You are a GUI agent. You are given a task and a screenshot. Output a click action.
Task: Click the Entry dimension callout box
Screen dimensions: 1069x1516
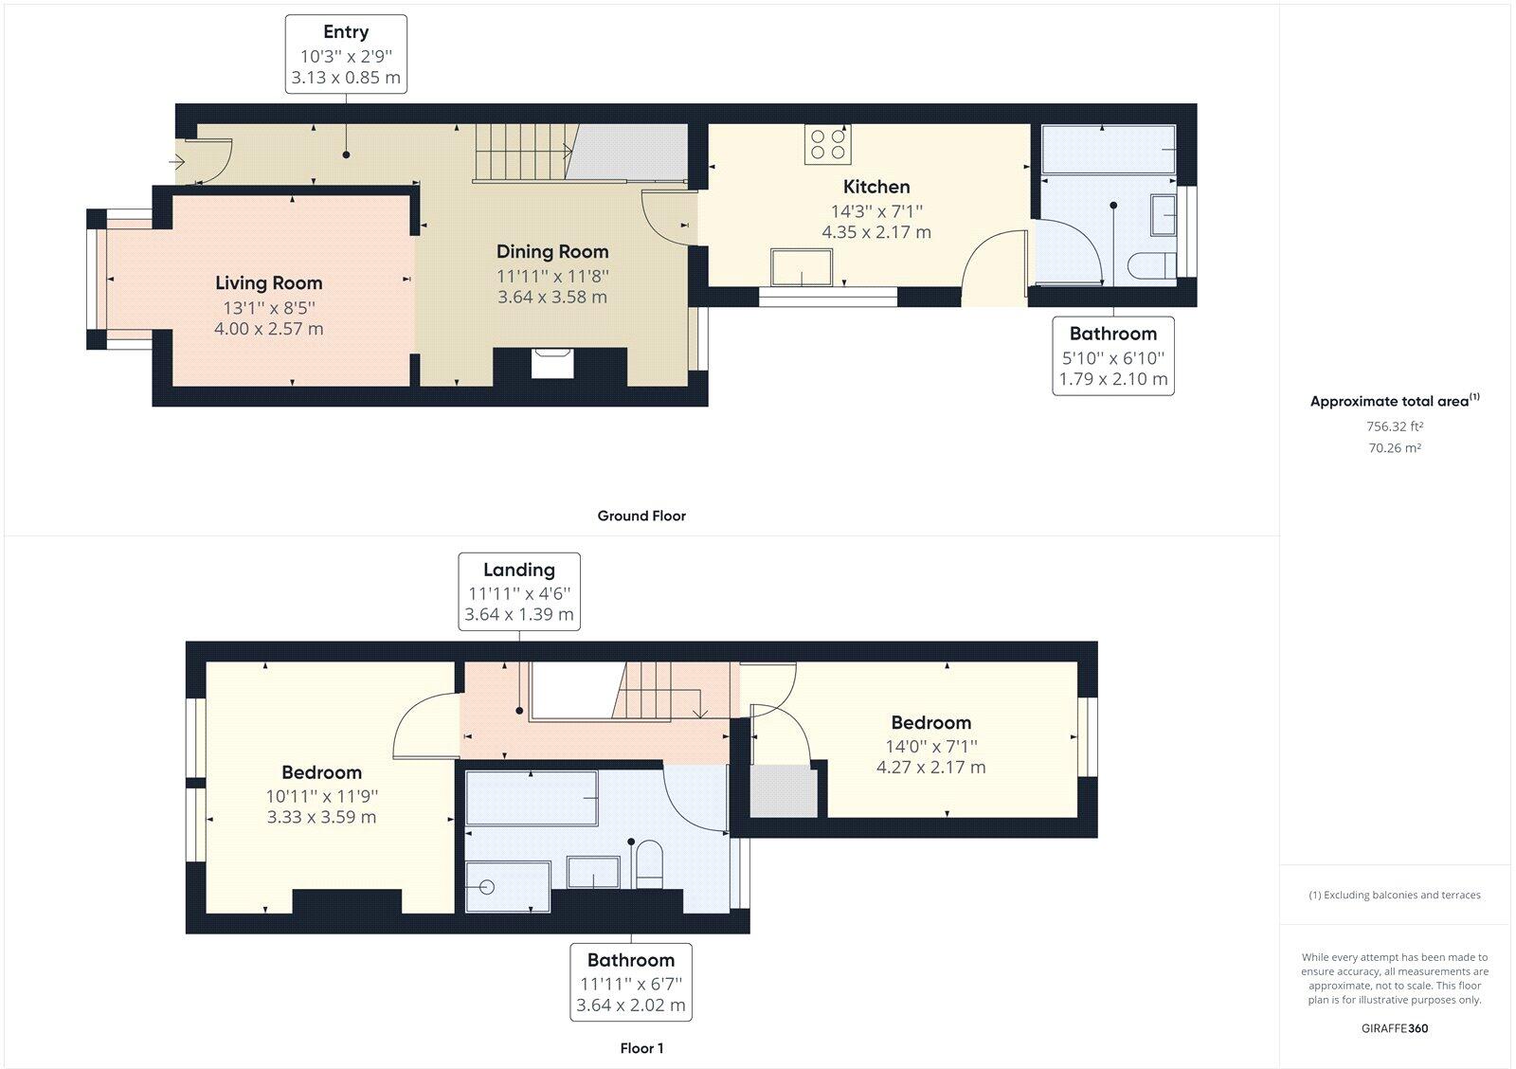(x=346, y=54)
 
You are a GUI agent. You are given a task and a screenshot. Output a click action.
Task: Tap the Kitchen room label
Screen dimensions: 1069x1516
(x=876, y=187)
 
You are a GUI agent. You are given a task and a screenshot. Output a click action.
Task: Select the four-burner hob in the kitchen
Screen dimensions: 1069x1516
(x=827, y=144)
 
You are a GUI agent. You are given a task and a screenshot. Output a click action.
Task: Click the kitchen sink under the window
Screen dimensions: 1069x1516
(x=802, y=266)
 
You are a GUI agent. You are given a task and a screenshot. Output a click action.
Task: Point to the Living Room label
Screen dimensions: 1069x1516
(x=268, y=282)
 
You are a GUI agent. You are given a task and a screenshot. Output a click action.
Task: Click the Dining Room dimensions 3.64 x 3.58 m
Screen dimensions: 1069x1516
(x=552, y=297)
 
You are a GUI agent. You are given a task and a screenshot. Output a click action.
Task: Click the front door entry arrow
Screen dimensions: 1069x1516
(x=177, y=162)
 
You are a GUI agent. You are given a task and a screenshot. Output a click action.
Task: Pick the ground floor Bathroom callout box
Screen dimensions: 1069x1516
(x=1113, y=356)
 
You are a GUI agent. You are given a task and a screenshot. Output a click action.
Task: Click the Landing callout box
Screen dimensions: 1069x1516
(x=519, y=591)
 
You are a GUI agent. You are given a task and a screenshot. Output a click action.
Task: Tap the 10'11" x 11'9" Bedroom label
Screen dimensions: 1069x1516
(x=321, y=794)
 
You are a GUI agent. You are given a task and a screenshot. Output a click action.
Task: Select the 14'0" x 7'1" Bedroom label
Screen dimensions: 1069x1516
(x=930, y=745)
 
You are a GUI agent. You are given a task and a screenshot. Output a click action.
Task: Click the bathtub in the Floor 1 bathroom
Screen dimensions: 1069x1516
(x=531, y=799)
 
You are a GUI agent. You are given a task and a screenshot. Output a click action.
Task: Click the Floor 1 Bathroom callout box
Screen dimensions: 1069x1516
(x=631, y=982)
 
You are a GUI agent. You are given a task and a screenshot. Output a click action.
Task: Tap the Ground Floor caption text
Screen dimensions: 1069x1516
(x=641, y=516)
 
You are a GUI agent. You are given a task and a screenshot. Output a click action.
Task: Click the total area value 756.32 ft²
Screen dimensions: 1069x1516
(x=1395, y=426)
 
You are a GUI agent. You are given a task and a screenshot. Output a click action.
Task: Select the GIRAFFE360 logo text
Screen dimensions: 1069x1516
(x=1395, y=1028)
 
